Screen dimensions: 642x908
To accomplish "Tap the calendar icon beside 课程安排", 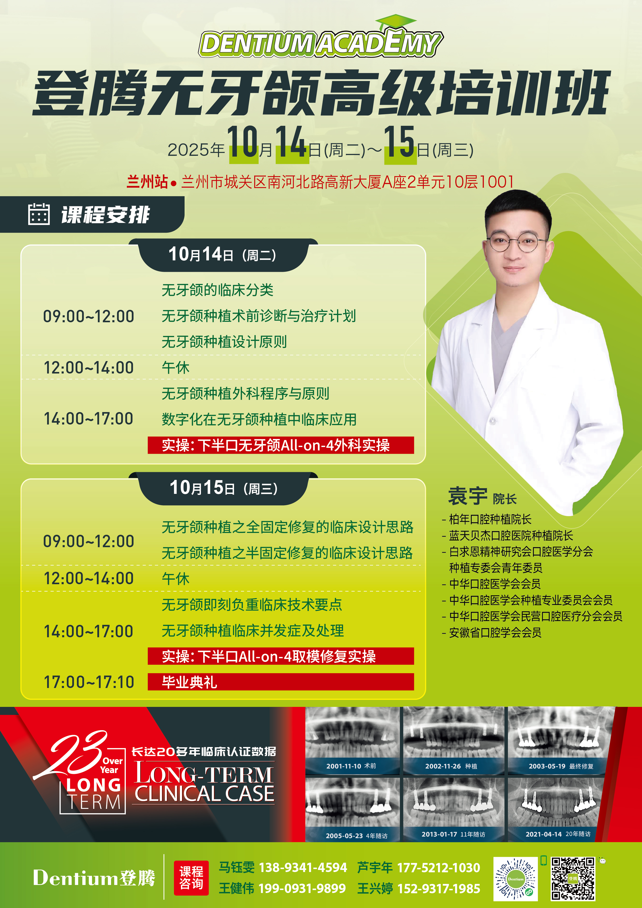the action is click(x=39, y=214).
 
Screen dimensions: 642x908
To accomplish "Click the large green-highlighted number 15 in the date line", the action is click(x=399, y=143).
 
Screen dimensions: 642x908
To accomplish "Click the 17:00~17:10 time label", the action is click(x=89, y=682).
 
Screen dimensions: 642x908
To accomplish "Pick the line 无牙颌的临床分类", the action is click(x=217, y=290).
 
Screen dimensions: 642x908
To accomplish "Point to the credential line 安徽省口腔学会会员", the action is click(x=492, y=632).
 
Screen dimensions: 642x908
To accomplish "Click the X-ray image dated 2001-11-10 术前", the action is click(x=352, y=740).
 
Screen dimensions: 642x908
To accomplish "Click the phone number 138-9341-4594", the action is click(x=303, y=868).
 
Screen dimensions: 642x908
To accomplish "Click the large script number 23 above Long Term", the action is click(x=71, y=753).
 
